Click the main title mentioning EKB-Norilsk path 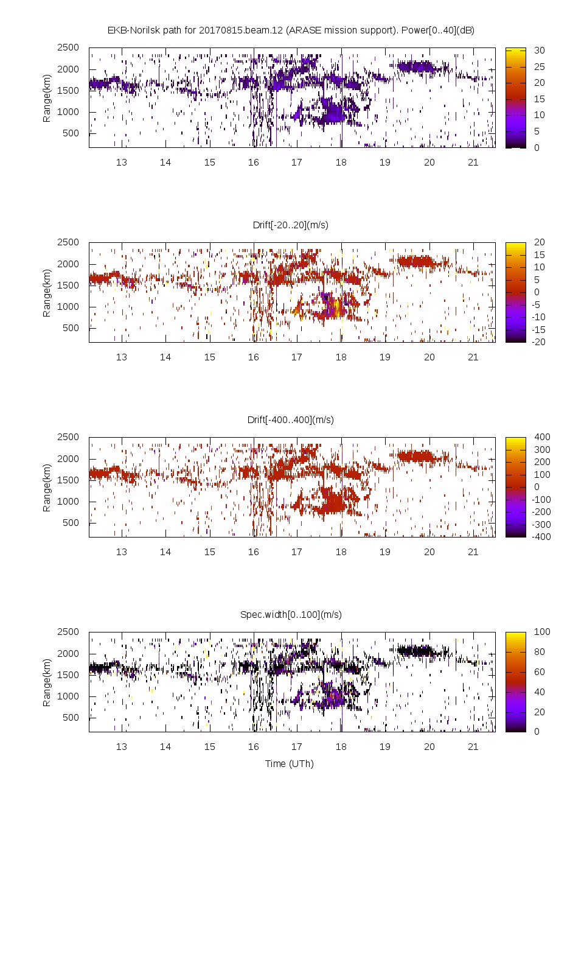pos(291,30)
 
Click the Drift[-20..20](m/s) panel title pos(291,225)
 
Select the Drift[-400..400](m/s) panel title pos(291,419)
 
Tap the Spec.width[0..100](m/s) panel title pos(291,614)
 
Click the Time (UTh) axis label pos(290,763)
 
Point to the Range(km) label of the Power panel pos(47,98)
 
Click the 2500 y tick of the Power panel pos(68,47)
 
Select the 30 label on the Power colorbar pos(540,51)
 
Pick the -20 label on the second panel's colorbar pos(538,342)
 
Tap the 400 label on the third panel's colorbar pos(542,437)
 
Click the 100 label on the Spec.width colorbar pos(542,632)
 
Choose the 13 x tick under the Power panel pos(122,162)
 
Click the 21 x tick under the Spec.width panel pos(473,746)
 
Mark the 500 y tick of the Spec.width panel pos(71,718)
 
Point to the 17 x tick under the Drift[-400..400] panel pos(297,552)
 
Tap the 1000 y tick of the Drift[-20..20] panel pos(68,307)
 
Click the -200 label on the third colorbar pos(540,512)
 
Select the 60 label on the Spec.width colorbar pos(540,672)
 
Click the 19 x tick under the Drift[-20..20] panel pos(385,357)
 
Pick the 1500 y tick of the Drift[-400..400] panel pos(68,480)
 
